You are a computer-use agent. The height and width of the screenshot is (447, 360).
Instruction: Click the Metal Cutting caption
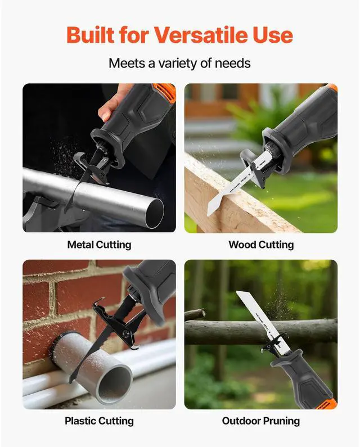click(x=99, y=245)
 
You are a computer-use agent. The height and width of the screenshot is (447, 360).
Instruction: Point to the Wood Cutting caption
click(x=261, y=245)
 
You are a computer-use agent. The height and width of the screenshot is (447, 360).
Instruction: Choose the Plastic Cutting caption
click(x=99, y=421)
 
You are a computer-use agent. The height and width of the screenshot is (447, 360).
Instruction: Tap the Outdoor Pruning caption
click(x=261, y=421)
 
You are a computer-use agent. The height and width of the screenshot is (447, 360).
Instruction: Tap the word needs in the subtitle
click(x=232, y=62)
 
